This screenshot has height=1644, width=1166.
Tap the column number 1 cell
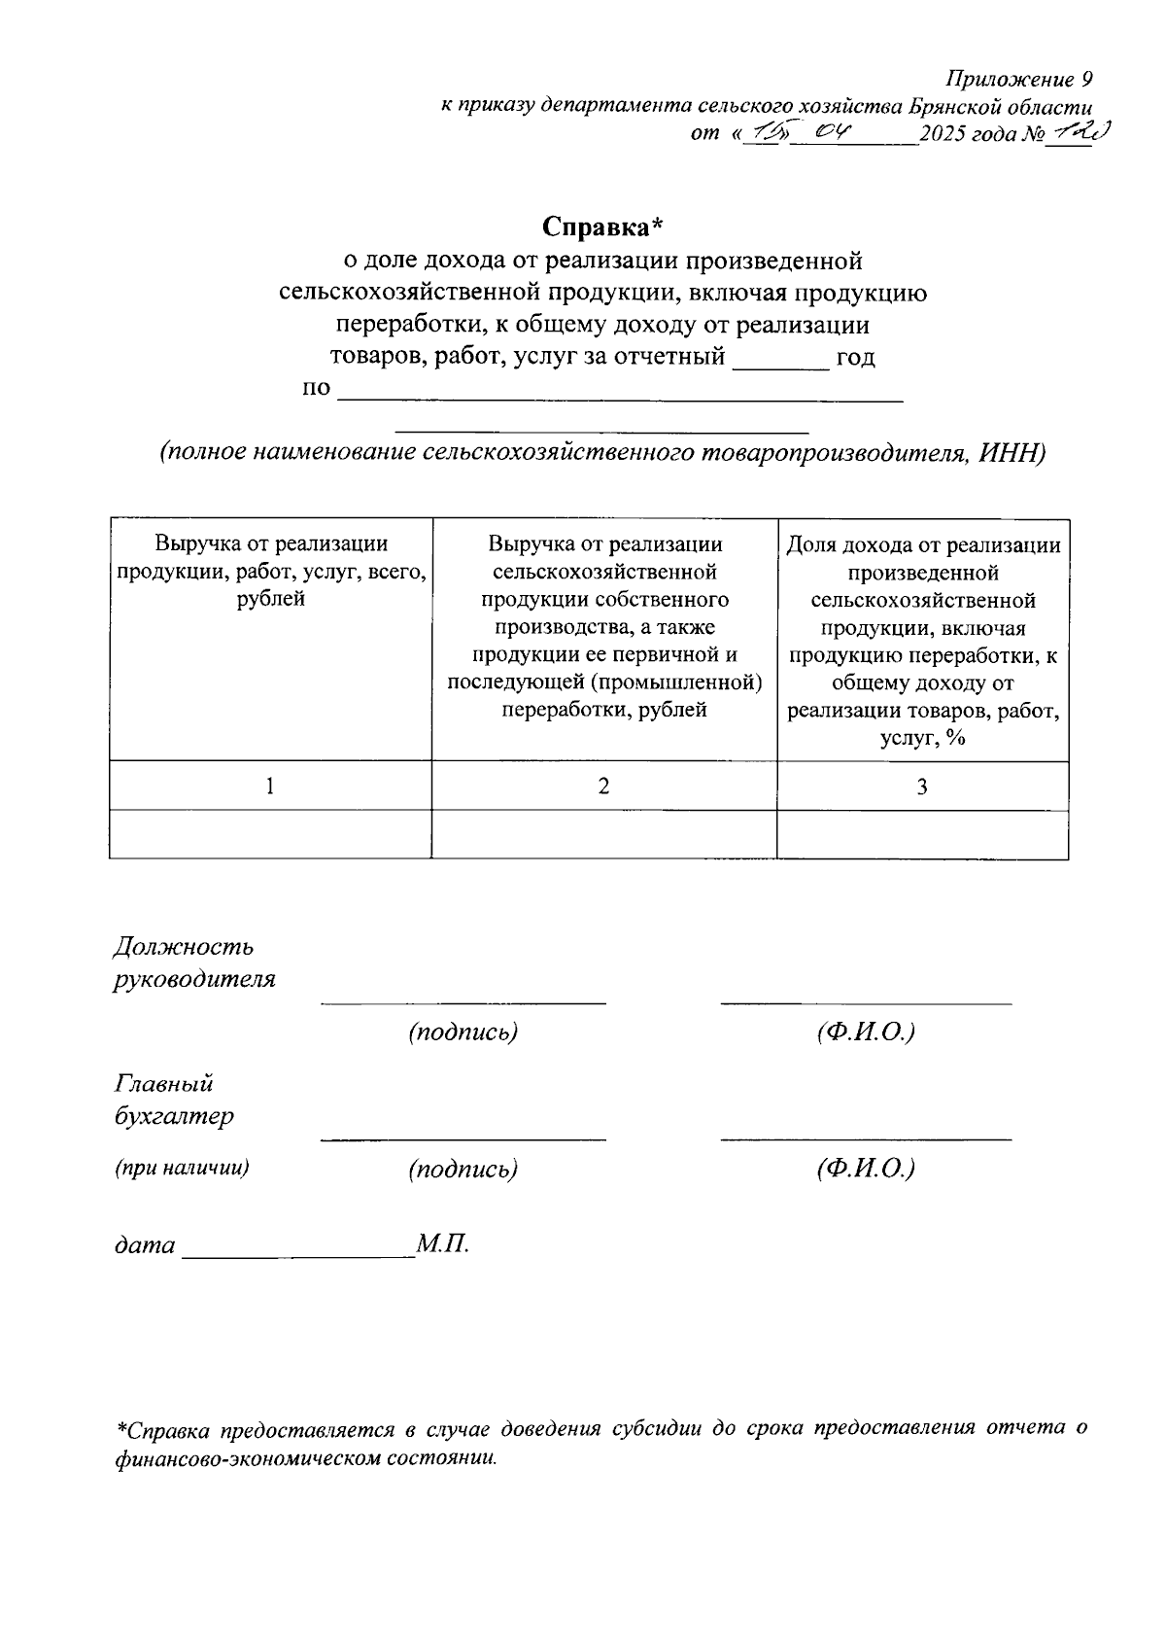(x=270, y=786)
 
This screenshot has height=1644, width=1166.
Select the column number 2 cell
(x=603, y=786)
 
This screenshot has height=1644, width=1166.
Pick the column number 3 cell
(x=922, y=786)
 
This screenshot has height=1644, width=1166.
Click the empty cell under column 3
(x=922, y=834)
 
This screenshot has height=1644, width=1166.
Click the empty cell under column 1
(x=270, y=834)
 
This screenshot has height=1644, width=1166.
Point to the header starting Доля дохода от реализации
(x=923, y=545)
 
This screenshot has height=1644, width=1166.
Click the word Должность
(x=184, y=946)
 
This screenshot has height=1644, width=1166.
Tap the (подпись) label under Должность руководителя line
(x=463, y=1032)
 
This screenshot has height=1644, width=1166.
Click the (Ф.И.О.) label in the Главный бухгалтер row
(x=866, y=1168)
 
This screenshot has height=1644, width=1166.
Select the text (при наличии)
(x=182, y=1168)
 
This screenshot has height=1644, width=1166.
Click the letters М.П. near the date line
(x=443, y=1243)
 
